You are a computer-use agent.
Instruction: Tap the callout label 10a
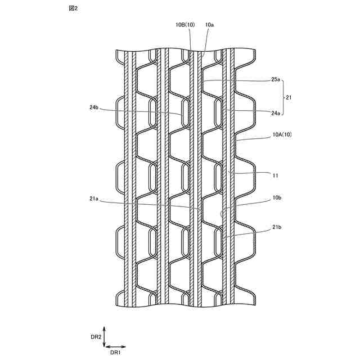[209, 25]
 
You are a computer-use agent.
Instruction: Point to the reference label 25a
[275, 80]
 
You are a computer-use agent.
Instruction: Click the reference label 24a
[275, 113]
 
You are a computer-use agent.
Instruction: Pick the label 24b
[93, 106]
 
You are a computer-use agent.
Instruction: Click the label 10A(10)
[283, 134]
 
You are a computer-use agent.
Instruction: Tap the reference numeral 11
[275, 175]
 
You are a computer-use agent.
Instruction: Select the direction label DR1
[115, 352]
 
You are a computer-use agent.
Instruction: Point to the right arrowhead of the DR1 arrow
[124, 346]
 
